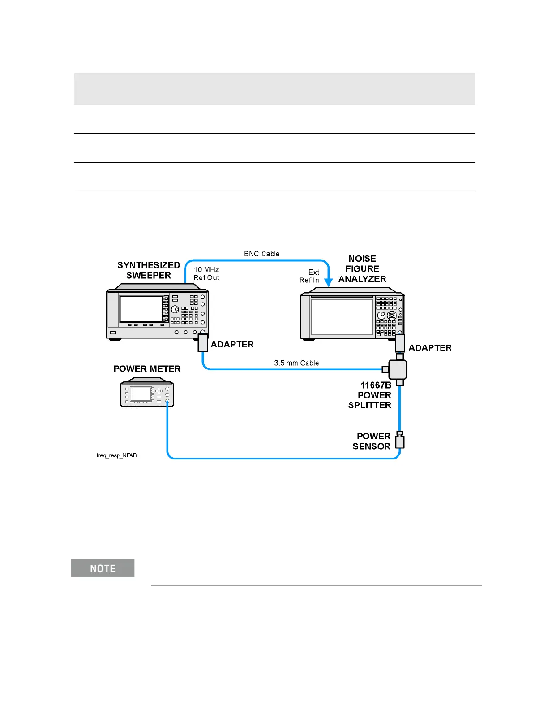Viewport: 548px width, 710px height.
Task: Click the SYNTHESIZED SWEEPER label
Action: click(149, 270)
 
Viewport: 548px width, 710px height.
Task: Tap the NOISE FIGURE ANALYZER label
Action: click(362, 269)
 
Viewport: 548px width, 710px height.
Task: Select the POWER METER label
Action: click(147, 369)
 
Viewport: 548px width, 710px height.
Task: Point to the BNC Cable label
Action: click(261, 254)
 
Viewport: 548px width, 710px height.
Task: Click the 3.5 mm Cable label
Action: click(296, 363)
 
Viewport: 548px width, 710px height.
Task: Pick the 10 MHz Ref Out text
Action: click(206, 273)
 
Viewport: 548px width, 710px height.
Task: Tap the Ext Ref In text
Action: click(310, 276)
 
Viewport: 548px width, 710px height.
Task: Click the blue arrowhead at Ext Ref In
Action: click(329, 282)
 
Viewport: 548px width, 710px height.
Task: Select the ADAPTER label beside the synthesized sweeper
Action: click(232, 344)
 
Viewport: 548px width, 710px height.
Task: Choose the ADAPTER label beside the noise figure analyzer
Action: click(430, 348)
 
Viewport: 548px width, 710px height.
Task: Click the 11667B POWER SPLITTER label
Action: click(370, 395)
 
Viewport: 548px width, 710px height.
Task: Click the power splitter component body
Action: click(398, 370)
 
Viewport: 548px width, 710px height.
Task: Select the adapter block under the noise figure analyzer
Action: click(400, 344)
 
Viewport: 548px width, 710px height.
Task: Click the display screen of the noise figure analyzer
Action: click(342, 317)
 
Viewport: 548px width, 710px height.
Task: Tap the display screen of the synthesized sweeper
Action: click(141, 309)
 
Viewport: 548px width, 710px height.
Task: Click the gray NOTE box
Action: click(103, 568)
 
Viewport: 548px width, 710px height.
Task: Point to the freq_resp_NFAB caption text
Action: click(117, 455)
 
